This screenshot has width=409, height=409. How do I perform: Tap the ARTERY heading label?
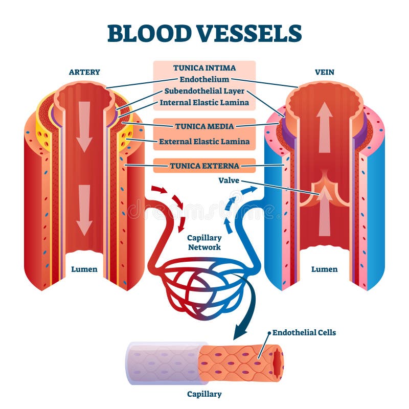pyautogui.click(x=84, y=72)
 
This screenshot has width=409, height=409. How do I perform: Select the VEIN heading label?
pyautogui.click(x=324, y=72)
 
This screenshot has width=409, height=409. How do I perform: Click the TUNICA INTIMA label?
pyautogui.click(x=204, y=67)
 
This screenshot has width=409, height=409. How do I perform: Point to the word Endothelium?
pyautogui.click(x=204, y=79)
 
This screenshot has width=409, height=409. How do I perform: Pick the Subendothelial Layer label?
pyautogui.click(x=204, y=91)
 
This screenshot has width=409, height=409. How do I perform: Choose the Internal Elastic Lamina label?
pyautogui.click(x=204, y=102)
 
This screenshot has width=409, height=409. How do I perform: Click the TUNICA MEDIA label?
pyautogui.click(x=204, y=126)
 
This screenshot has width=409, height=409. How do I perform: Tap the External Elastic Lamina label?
pyautogui.click(x=204, y=142)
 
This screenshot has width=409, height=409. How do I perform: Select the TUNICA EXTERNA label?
pyautogui.click(x=204, y=165)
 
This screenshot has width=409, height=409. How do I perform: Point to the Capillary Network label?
pyautogui.click(x=204, y=242)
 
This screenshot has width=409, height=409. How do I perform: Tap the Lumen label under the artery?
pyautogui.click(x=84, y=269)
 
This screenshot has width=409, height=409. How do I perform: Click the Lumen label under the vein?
pyautogui.click(x=325, y=269)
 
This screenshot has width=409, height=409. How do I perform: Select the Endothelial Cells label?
pyautogui.click(x=304, y=332)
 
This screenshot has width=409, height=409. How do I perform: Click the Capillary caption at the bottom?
pyautogui.click(x=204, y=394)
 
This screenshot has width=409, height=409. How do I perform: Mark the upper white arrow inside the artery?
pyautogui.click(x=84, y=125)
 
